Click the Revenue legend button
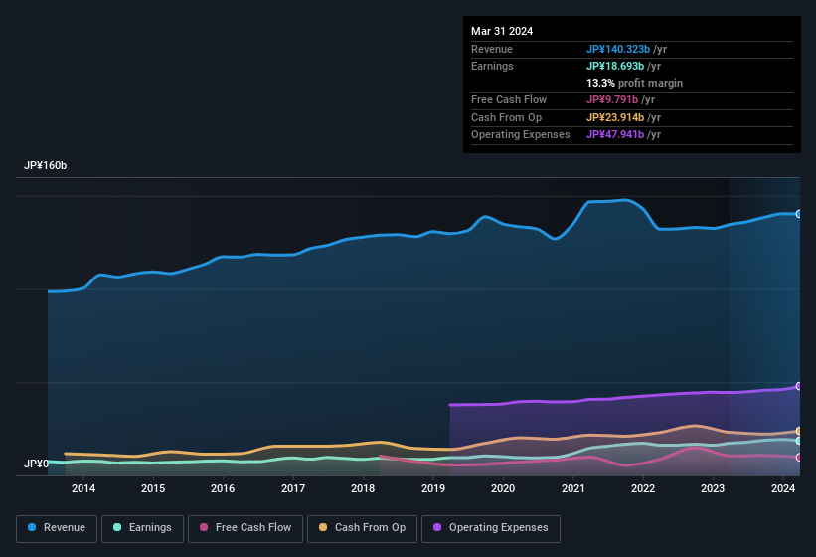coord(57,528)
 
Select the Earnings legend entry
coord(141,528)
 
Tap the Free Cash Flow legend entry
coord(245,528)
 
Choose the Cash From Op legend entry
coord(363,528)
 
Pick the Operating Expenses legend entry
coord(491,528)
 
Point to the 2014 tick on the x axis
coord(83,488)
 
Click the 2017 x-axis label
coord(293,488)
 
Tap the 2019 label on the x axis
coord(433,488)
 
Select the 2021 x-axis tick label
coord(572,488)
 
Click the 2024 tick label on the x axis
coord(783,488)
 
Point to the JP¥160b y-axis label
coord(46,166)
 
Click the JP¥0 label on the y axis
coord(36,464)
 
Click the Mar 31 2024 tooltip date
coord(502,31)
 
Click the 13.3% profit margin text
coord(634,83)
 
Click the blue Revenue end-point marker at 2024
coord(799,214)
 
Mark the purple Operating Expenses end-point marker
coord(799,386)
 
